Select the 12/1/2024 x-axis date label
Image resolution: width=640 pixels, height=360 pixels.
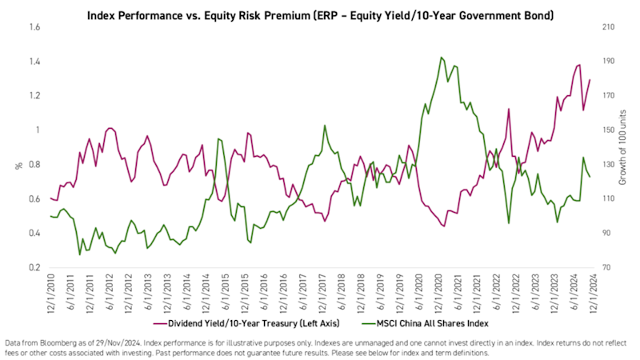pos(590,294)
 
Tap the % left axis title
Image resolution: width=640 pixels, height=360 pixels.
pos(18,166)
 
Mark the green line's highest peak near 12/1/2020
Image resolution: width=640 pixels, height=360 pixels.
pos(441,58)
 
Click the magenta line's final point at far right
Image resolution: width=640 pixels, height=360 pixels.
pos(590,79)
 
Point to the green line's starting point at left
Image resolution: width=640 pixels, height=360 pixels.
pos(50,216)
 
